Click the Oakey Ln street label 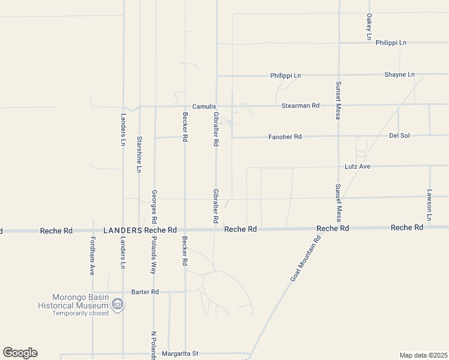[369, 27]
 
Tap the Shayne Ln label [399, 75]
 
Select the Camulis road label [203, 106]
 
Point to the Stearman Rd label [300, 106]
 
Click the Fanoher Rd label [285, 137]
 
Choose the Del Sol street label [399, 136]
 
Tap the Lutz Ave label [357, 166]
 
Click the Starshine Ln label [139, 155]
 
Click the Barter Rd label [146, 292]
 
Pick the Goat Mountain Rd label [306, 258]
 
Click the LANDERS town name [122, 230]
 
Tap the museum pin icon [119, 305]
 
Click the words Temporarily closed [80, 313]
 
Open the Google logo [20, 353]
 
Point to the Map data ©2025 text [424, 355]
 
